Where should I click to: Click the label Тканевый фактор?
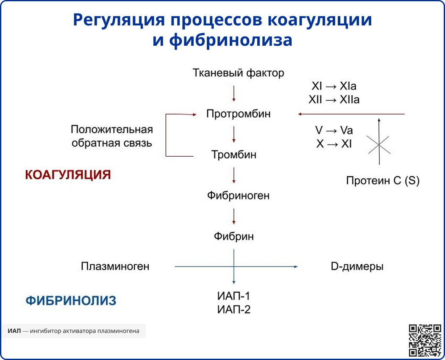click(x=238, y=73)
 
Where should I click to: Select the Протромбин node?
click(x=238, y=114)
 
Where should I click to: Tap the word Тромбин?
click(x=234, y=155)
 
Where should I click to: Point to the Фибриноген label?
click(x=238, y=196)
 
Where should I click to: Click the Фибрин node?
click(x=234, y=236)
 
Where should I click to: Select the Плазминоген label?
click(x=115, y=266)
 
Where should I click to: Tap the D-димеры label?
click(x=357, y=266)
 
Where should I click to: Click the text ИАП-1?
click(x=234, y=296)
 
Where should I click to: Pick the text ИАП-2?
click(x=234, y=310)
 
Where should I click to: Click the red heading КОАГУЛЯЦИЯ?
click(x=68, y=175)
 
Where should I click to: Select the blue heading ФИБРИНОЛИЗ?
click(x=71, y=301)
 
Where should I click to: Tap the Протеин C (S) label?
click(x=383, y=181)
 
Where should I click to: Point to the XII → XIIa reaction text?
click(x=334, y=100)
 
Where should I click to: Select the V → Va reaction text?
click(x=334, y=130)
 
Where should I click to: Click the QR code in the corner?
click(x=425, y=340)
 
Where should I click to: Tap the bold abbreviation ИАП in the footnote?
click(x=14, y=331)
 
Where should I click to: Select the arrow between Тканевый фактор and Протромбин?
click(x=234, y=93)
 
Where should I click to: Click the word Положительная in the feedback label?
click(x=111, y=129)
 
